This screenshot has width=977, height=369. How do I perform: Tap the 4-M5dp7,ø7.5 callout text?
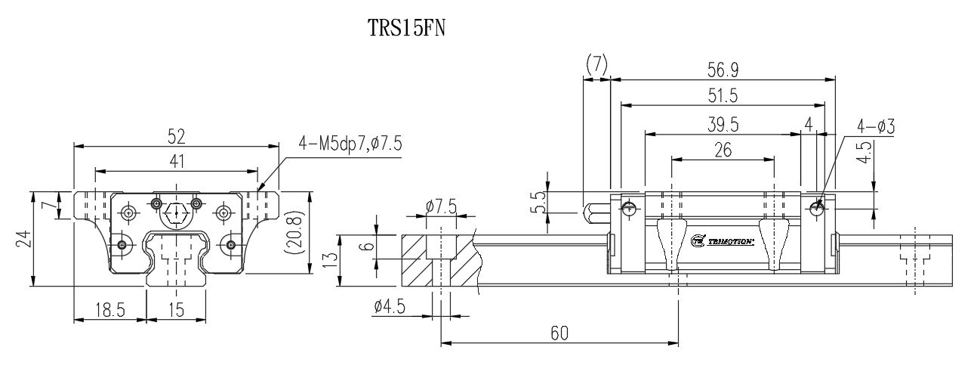tap(350, 142)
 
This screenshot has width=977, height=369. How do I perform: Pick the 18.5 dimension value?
tap(109, 310)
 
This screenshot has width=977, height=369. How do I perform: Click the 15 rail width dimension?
tap(175, 310)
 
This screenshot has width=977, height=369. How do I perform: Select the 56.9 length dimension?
tap(723, 70)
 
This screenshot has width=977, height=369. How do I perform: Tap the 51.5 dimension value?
tap(723, 96)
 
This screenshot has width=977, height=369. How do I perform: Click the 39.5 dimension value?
tap(723, 123)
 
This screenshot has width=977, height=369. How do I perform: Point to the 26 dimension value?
tap(723, 150)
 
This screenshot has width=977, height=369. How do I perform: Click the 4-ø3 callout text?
tap(876, 126)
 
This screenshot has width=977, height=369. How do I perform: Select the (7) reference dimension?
tap(596, 66)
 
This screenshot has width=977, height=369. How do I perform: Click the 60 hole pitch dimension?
tap(559, 333)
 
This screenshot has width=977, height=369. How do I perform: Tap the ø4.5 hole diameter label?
tap(390, 306)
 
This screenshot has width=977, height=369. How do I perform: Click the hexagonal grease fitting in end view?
tap(176, 212)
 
